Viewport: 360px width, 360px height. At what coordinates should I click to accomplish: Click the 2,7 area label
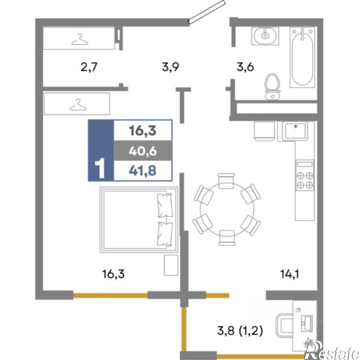tap(89, 68)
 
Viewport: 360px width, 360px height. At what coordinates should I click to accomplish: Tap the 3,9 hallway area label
tap(170, 68)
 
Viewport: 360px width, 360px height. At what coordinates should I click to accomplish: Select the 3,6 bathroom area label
tap(245, 68)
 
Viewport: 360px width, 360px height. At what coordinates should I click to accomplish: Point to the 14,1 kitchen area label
tap(289, 274)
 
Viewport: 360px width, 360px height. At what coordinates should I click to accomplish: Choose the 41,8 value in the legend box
tap(143, 171)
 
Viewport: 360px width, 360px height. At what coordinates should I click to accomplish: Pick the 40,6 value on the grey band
tap(143, 151)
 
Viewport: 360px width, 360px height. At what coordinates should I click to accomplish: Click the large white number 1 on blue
tap(100, 168)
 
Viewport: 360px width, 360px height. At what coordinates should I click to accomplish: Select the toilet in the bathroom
tap(273, 86)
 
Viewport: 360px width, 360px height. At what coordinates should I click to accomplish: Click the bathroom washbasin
tap(265, 36)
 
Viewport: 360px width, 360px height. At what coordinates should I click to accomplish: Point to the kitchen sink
tap(295, 131)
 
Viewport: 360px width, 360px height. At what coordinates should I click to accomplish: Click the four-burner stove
tap(305, 175)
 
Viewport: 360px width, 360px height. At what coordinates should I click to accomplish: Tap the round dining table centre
tap(227, 209)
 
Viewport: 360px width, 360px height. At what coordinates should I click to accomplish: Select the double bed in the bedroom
tap(139, 219)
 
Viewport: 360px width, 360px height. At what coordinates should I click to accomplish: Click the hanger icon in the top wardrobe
tap(79, 39)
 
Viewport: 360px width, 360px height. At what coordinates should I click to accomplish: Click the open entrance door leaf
tap(206, 11)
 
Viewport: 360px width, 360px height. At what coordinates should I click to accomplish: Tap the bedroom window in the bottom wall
tap(110, 295)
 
